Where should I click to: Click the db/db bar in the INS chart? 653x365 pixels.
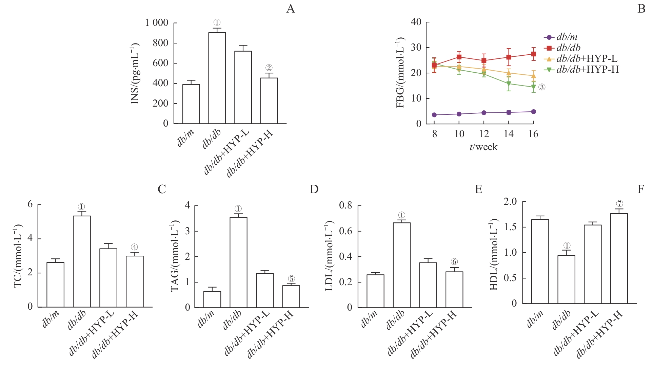pyautogui.click(x=217, y=78)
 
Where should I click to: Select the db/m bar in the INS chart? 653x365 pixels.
pyautogui.click(x=191, y=104)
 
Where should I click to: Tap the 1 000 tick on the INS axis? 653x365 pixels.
pyautogui.click(x=157, y=23)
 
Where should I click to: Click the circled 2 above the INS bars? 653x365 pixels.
pyautogui.click(x=269, y=68)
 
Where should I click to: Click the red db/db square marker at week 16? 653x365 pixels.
pyautogui.click(x=533, y=54)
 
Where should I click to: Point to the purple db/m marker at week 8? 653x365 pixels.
pyautogui.click(x=434, y=115)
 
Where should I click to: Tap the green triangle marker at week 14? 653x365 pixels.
pyautogui.click(x=509, y=84)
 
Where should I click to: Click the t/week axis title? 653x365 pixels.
pyautogui.click(x=483, y=147)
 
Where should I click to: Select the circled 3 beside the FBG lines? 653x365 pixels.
pyautogui.click(x=542, y=87)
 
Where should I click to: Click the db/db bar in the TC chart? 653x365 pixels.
pyautogui.click(x=82, y=261)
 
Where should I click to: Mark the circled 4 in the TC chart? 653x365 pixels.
pyautogui.click(x=134, y=247)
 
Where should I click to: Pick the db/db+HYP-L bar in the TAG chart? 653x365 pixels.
pyautogui.click(x=265, y=290)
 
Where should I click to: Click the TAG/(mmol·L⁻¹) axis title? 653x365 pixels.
pyautogui.click(x=175, y=256)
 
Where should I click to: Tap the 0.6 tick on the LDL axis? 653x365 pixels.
pyautogui.click(x=346, y=231)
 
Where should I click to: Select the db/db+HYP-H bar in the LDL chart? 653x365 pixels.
pyautogui.click(x=454, y=290)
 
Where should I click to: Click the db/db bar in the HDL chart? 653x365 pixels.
pyautogui.click(x=566, y=279)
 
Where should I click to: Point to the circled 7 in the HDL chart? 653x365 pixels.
pyautogui.click(x=619, y=204)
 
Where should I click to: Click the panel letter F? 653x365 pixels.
pyautogui.click(x=640, y=189)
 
